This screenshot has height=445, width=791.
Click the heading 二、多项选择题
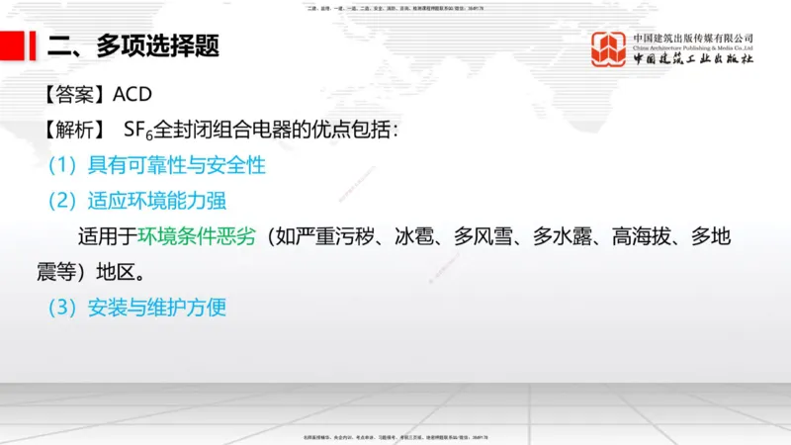point(133,45)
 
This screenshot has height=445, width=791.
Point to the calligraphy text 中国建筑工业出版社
point(693,59)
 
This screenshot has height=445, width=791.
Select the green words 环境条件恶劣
point(196,236)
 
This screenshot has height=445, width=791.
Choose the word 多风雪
point(483,236)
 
